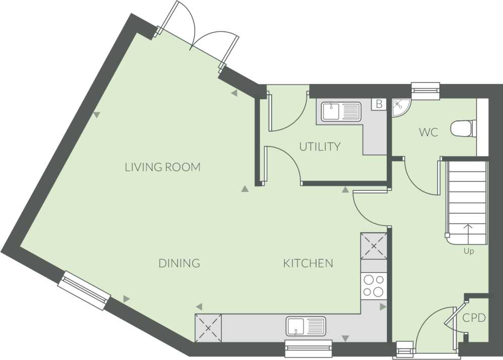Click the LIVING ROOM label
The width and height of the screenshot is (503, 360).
pos(162,167)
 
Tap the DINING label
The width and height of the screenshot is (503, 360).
pos(179,263)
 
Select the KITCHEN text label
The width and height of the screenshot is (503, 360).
pos(308,263)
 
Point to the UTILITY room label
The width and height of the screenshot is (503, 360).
pos(320,147)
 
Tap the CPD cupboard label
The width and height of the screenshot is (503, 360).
pos(474,318)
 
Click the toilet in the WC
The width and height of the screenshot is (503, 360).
pos(462,128)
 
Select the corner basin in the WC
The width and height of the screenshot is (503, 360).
pos(400,106)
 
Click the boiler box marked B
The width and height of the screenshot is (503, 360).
pos(379,104)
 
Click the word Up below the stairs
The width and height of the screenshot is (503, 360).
pos(468,251)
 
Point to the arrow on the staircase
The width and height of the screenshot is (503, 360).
pos(468,233)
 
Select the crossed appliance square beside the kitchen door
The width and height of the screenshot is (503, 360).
pos(373,246)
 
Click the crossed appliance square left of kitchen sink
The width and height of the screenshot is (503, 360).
pos(208,327)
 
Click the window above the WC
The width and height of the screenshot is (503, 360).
pos(425,91)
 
